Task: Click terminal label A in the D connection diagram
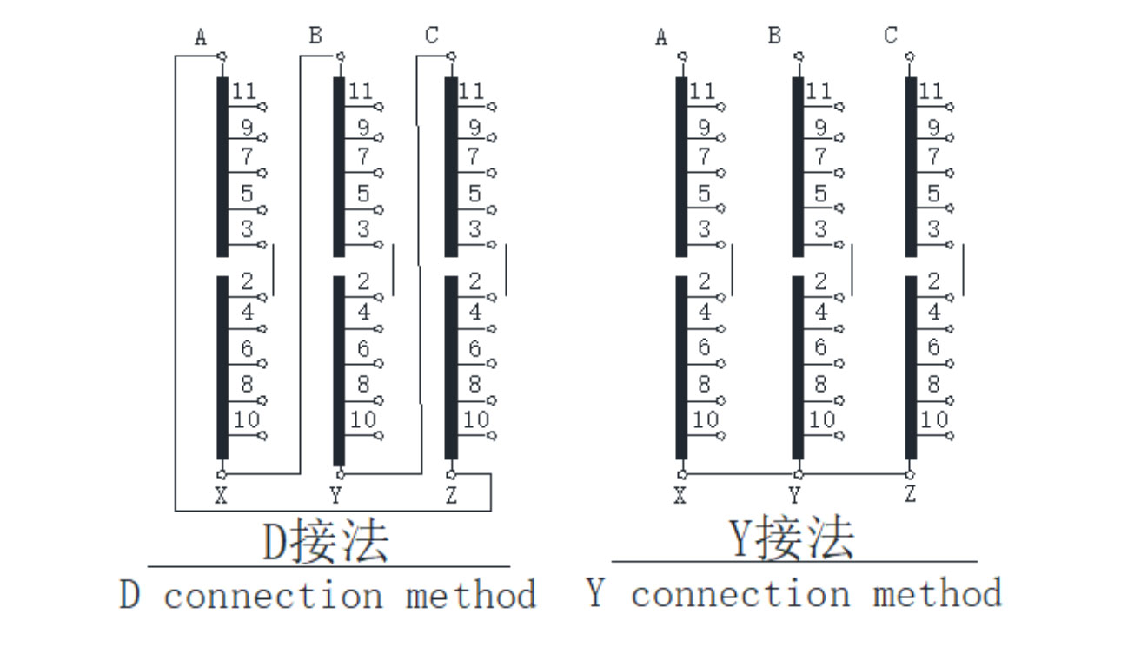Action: [x=202, y=37]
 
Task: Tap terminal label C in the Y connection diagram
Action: [x=891, y=36]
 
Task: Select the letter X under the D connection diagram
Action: [x=221, y=496]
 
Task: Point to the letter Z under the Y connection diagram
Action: [x=910, y=495]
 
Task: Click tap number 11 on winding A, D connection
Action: [x=244, y=90]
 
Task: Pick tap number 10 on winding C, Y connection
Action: [x=933, y=419]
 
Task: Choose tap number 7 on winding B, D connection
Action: [x=363, y=157]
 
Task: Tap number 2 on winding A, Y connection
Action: [x=704, y=281]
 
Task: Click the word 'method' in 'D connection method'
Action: [x=470, y=596]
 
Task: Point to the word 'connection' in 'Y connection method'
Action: [x=740, y=595]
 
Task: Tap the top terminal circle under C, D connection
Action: [x=451, y=56]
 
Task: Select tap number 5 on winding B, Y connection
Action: [x=820, y=194]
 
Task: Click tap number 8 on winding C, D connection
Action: [x=474, y=384]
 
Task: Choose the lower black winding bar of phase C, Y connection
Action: [x=911, y=367]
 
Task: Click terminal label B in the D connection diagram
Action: [x=315, y=36]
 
